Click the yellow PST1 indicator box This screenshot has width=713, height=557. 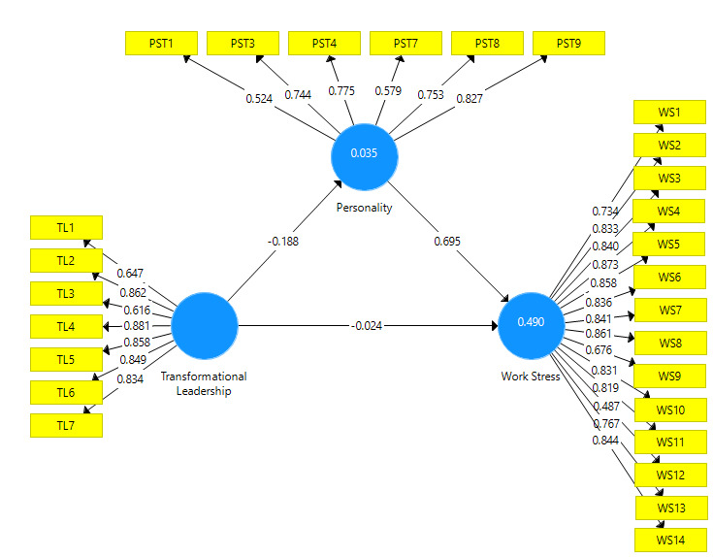(x=162, y=44)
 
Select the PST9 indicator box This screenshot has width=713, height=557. (x=567, y=44)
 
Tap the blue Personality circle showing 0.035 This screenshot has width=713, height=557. (x=365, y=154)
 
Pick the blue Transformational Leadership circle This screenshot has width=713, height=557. (x=205, y=325)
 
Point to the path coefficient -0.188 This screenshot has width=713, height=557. (x=281, y=240)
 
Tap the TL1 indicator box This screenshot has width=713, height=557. (x=66, y=227)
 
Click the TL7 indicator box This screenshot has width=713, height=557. (x=66, y=425)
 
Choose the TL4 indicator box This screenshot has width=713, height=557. (x=66, y=326)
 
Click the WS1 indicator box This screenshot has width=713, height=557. (x=668, y=113)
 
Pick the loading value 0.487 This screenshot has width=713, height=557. (x=608, y=407)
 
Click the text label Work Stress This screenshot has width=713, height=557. (x=531, y=377)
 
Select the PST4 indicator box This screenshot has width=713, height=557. (x=325, y=44)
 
